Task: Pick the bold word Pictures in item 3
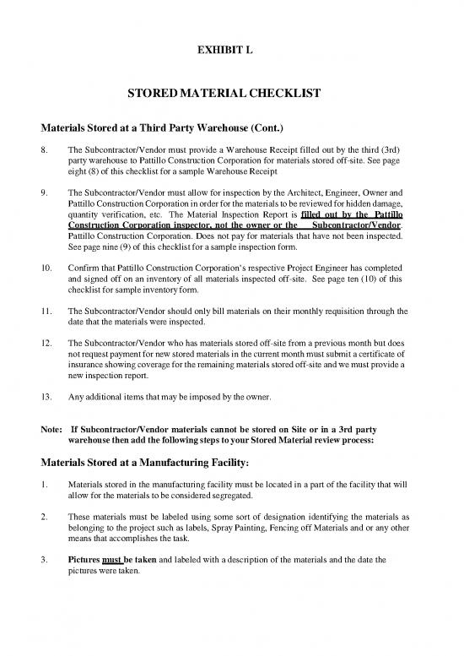point(87,558)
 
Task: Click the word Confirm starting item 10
point(84,268)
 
